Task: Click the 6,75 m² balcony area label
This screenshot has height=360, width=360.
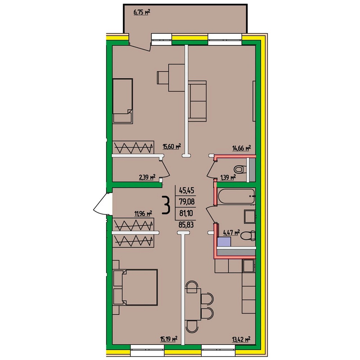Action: point(141,12)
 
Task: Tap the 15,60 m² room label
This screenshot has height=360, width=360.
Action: point(172,146)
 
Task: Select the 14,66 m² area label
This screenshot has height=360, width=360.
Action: point(242,148)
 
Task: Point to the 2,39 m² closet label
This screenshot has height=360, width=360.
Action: point(147,177)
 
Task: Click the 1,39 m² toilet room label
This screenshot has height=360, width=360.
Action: point(228,177)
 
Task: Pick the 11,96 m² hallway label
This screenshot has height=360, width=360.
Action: point(143,214)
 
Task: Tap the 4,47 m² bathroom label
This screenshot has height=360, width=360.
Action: point(231,233)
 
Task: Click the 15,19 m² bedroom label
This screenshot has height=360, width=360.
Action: point(168,339)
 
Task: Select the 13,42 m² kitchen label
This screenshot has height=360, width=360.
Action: point(241,339)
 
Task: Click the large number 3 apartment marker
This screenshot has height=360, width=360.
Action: point(166,205)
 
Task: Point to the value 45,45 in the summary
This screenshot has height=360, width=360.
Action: point(186,190)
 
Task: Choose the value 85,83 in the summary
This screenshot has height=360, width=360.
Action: point(186,225)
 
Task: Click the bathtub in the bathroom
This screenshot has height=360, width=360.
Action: point(236,196)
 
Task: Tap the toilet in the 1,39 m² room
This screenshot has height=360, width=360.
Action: point(240,170)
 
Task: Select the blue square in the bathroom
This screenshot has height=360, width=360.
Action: point(224,242)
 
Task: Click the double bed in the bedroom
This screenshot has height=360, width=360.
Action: point(135,287)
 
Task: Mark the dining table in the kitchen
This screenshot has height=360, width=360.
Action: point(193,304)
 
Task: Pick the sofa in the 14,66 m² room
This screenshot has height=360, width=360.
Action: point(197,101)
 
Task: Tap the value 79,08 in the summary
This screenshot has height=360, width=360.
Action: point(186,202)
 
